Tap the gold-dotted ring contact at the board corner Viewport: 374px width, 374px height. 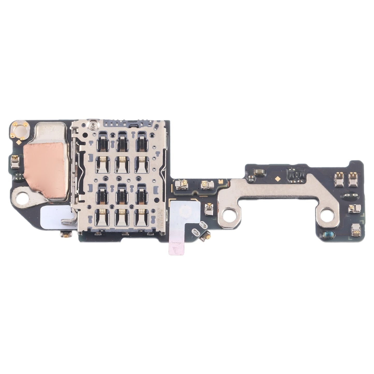[x=20, y=128]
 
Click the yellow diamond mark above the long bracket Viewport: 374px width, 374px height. [x=277, y=179]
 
